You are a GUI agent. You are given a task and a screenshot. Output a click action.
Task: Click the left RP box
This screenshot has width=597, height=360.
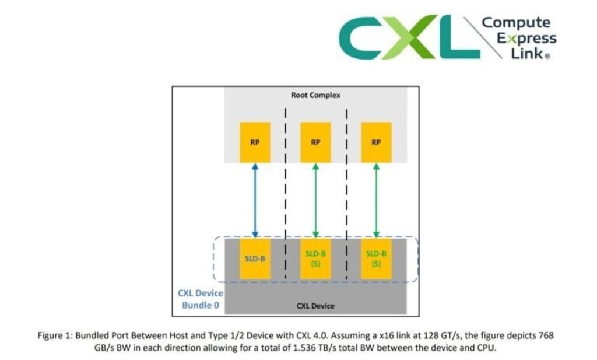pyautogui.click(x=255, y=142)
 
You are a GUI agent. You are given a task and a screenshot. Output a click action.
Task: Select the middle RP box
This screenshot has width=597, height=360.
pyautogui.click(x=315, y=142)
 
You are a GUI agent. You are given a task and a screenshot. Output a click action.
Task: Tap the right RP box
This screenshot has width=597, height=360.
pyautogui.click(x=376, y=142)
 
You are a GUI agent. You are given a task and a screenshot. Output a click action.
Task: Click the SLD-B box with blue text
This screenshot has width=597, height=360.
pyautogui.click(x=255, y=258)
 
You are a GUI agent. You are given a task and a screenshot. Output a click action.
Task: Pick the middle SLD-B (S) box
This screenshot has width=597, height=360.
pyautogui.click(x=315, y=258)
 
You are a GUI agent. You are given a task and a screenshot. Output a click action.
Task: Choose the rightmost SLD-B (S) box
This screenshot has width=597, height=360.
pyautogui.click(x=376, y=258)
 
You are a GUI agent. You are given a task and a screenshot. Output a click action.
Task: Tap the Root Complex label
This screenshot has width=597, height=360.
pyautogui.click(x=315, y=95)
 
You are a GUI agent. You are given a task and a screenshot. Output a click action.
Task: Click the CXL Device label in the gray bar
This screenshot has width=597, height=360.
pyautogui.click(x=315, y=305)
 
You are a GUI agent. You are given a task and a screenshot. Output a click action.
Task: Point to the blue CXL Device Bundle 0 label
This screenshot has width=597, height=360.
pyautogui.click(x=200, y=299)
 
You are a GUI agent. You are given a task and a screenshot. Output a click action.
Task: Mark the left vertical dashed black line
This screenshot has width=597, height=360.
pyautogui.click(x=285, y=193)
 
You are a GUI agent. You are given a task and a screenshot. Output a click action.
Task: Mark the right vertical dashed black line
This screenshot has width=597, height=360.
pyautogui.click(x=347, y=193)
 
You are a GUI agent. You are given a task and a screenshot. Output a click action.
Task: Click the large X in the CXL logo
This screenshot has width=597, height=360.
pyautogui.click(x=417, y=37)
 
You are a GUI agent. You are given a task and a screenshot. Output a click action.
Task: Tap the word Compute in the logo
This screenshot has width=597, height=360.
pyautogui.click(x=516, y=23)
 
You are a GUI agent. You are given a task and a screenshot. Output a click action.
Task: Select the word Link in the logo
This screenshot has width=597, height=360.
pyautogui.click(x=528, y=53)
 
